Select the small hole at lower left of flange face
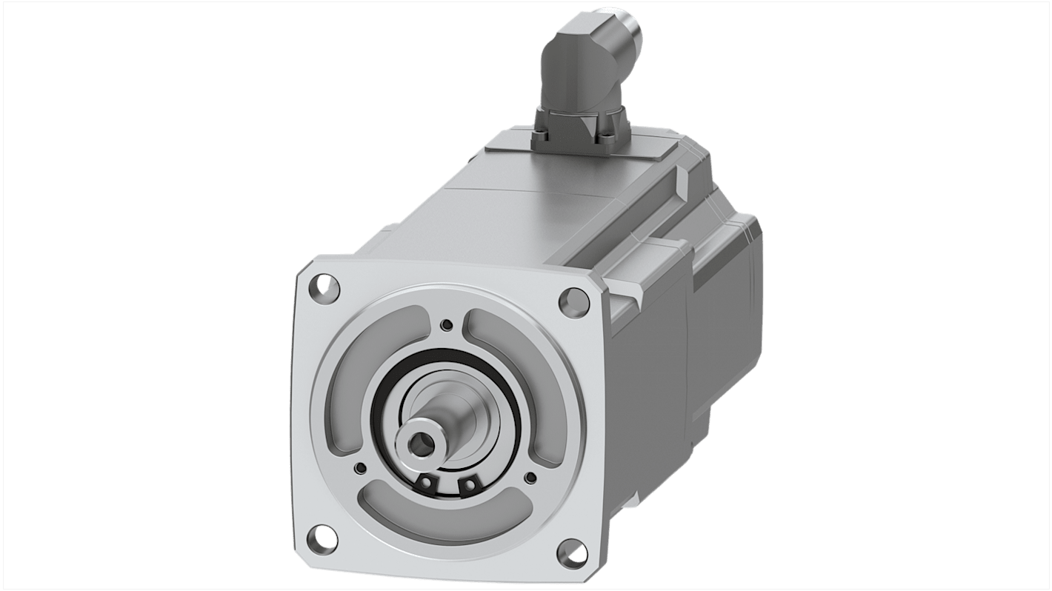point(360,467)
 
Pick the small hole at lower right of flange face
point(531,478)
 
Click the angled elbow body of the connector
point(578,67)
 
